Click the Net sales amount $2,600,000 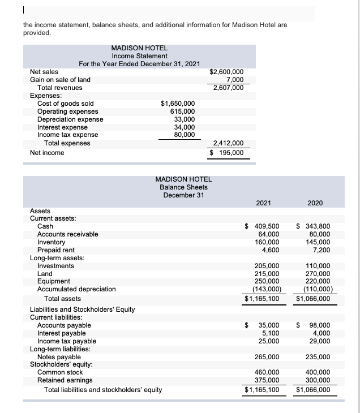pyautogui.click(x=227, y=72)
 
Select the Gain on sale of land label pyautogui.click(x=60, y=80)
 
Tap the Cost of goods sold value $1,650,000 pyautogui.click(x=178, y=104)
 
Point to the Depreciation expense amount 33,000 pyautogui.click(x=183, y=119)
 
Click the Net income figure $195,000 pyautogui.click(x=227, y=153)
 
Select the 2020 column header pyautogui.click(x=315, y=203)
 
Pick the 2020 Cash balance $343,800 pyautogui.click(x=314, y=226)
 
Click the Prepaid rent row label pyautogui.click(x=55, y=249)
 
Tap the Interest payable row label pyautogui.click(x=61, y=333)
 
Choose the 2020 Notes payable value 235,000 pyautogui.click(x=318, y=357)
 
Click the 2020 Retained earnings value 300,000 pyautogui.click(x=318, y=381)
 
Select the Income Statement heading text pyautogui.click(x=140, y=56)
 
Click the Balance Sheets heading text pyautogui.click(x=183, y=187)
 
